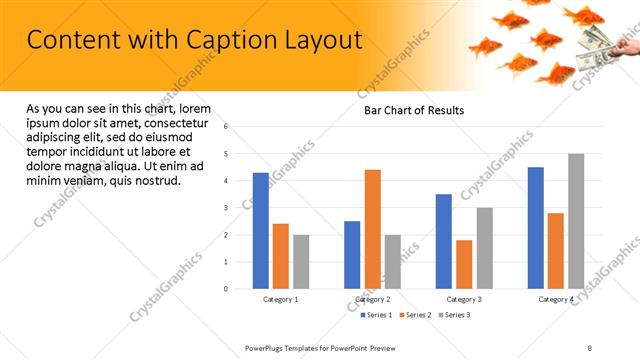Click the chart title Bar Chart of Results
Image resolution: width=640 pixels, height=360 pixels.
pyautogui.click(x=413, y=110)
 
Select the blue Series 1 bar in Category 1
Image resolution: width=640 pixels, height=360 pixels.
pyautogui.click(x=261, y=230)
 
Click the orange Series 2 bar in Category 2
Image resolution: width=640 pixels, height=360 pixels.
pyautogui.click(x=372, y=229)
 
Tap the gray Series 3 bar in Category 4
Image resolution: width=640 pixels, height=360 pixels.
pyautogui.click(x=576, y=221)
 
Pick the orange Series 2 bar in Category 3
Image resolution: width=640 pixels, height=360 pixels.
pyautogui.click(x=464, y=264)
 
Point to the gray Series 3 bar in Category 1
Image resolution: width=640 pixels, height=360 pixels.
pyautogui.click(x=301, y=261)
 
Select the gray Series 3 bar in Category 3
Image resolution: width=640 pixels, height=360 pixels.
pyautogui.click(x=484, y=248)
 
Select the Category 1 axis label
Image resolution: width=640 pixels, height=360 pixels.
pyautogui.click(x=281, y=299)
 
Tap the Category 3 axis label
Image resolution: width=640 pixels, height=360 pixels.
pyautogui.click(x=464, y=299)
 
